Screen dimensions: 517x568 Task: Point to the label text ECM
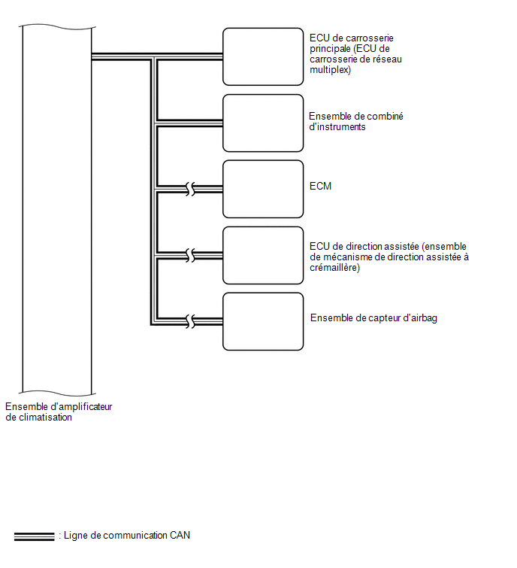point(320,186)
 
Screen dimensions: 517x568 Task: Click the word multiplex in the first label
point(330,69)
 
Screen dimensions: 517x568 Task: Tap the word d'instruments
point(337,127)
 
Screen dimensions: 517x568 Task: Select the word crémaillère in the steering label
point(334,267)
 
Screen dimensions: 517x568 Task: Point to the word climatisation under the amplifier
point(45,418)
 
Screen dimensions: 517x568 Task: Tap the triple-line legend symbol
point(34,537)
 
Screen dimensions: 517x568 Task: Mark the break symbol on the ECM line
point(190,189)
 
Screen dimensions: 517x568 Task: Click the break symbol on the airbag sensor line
point(190,322)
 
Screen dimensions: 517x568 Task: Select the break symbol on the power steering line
point(190,255)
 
